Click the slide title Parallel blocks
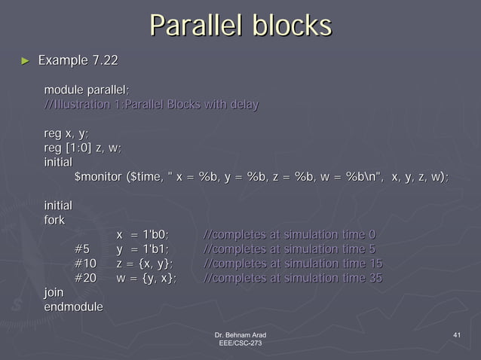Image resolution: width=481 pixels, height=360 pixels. click(x=240, y=26)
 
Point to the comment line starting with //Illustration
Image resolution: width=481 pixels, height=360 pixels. click(x=151, y=105)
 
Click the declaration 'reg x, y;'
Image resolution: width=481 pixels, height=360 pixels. click(x=66, y=133)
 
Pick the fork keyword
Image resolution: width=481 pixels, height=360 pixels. click(x=54, y=220)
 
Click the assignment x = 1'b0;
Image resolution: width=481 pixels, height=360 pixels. click(x=142, y=235)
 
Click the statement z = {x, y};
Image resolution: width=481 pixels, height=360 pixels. click(x=145, y=264)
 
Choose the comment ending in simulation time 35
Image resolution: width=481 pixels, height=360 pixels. click(x=293, y=279)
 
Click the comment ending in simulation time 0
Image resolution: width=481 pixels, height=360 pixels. click(x=290, y=235)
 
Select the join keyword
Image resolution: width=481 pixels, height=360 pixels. click(x=54, y=293)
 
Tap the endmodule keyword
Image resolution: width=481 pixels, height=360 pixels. click(x=74, y=307)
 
